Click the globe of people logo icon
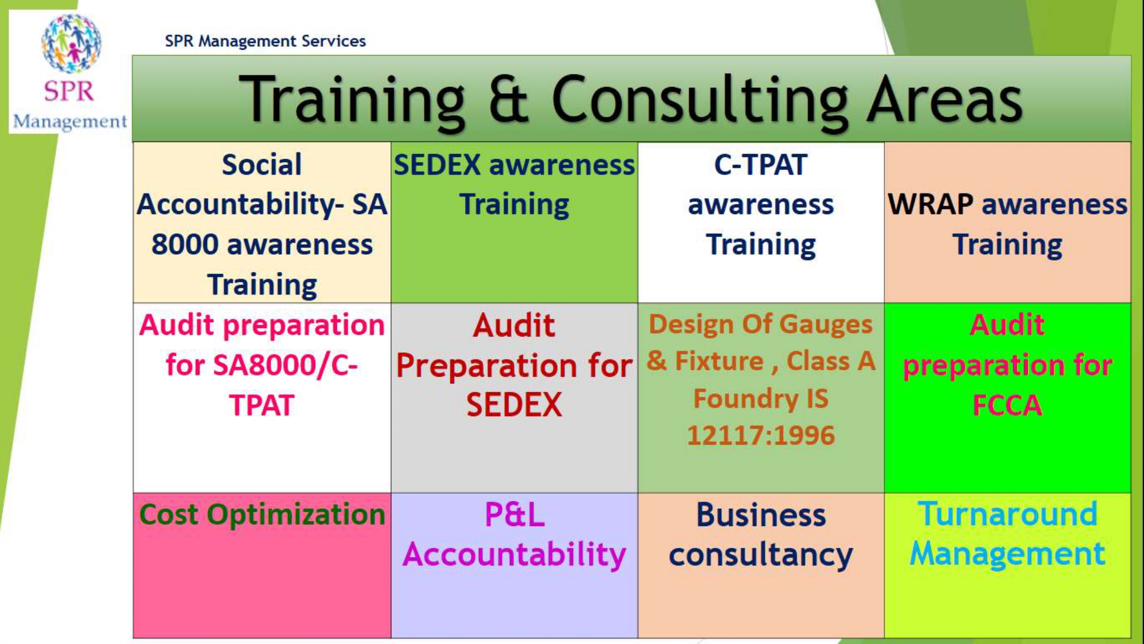[71, 44]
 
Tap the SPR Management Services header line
[265, 41]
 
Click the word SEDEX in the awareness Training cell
[438, 165]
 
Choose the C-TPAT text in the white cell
[761, 165]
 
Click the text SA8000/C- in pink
[261, 365]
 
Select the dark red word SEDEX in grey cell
[514, 405]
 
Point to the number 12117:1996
[761, 436]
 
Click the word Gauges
[826, 325]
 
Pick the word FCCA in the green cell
[1007, 405]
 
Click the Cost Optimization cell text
[262, 515]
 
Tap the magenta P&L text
[514, 515]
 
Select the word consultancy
[761, 555]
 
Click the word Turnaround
[1007, 514]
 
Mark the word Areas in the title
[944, 100]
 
